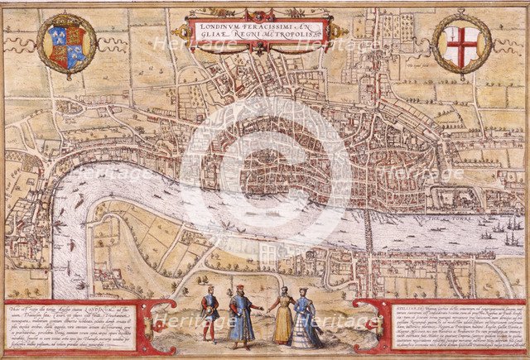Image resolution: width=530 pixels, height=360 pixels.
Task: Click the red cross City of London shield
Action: (x=461, y=43)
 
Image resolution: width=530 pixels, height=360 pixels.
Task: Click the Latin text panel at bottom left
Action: (x=75, y=325)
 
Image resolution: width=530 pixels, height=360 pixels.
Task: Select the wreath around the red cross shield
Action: (x=461, y=70)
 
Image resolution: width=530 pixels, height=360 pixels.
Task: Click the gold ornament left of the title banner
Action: (x=180, y=32)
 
